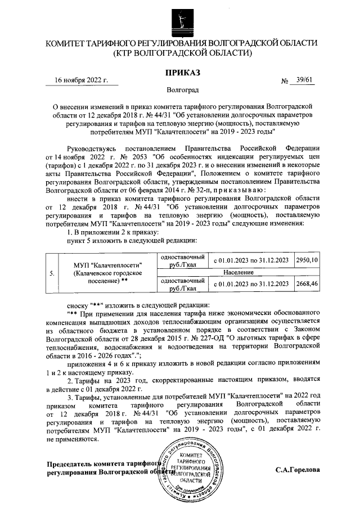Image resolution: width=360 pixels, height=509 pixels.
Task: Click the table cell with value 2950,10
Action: tap(307, 260)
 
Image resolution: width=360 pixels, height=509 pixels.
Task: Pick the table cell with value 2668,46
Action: tap(307, 284)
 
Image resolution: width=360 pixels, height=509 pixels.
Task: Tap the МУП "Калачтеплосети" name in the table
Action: tap(108, 265)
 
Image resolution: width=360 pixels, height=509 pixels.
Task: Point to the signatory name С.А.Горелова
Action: tap(298, 470)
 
